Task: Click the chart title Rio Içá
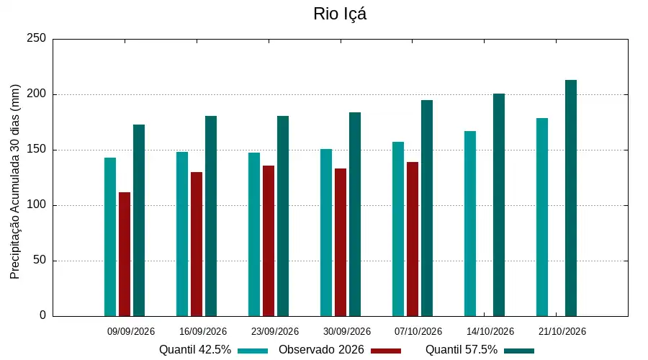click(x=340, y=14)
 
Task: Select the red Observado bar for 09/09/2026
click(x=125, y=254)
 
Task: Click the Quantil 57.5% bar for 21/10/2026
click(x=571, y=198)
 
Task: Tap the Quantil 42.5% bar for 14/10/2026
click(x=470, y=224)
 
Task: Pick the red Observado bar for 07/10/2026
click(x=413, y=239)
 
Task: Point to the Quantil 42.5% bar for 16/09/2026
click(x=182, y=234)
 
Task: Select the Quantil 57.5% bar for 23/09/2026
click(x=283, y=216)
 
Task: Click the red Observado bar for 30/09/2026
click(x=341, y=243)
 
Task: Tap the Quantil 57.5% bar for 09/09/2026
click(x=139, y=220)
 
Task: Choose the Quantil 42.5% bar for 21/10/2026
click(x=542, y=217)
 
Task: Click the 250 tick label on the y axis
click(x=37, y=38)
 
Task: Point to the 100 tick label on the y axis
click(x=37, y=204)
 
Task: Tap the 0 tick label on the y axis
click(x=42, y=315)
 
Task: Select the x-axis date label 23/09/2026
click(x=275, y=331)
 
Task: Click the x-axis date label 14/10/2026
click(x=490, y=331)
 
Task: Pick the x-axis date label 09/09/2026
click(x=131, y=331)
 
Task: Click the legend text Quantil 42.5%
click(x=195, y=350)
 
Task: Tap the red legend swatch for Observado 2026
click(x=386, y=351)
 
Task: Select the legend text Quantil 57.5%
click(x=462, y=350)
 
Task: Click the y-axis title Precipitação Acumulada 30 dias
click(x=15, y=182)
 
